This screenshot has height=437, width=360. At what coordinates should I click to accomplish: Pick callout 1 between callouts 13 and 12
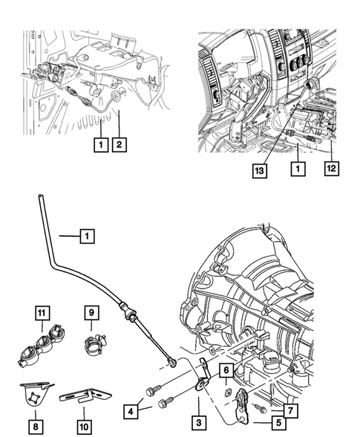tap(297, 170)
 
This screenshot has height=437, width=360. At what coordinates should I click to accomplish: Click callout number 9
tap(91, 313)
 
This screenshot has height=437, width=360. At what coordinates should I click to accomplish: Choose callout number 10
tap(83, 427)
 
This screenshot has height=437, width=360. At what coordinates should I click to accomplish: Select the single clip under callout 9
tap(95, 342)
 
